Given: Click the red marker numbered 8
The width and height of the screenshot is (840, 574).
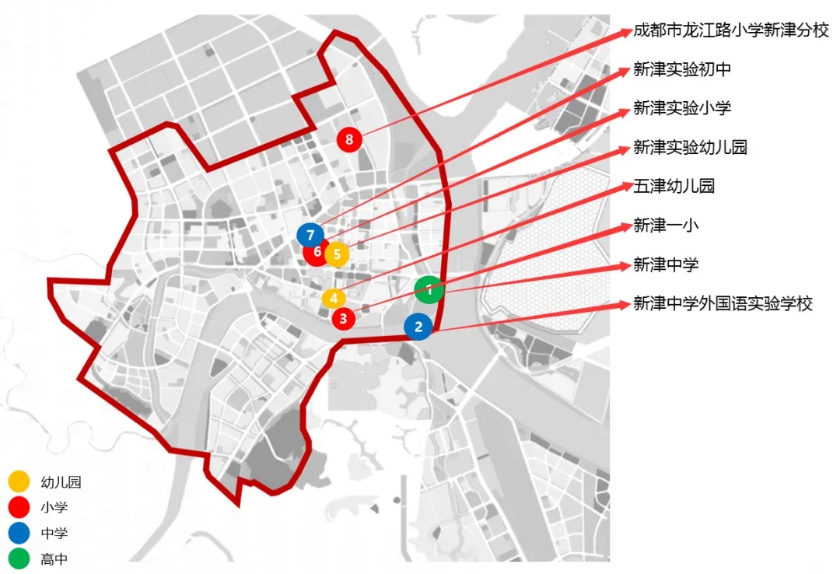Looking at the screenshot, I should coord(349,140).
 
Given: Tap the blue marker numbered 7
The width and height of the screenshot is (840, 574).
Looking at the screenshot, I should coord(310,234).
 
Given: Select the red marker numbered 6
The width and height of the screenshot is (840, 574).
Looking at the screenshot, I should coord(315,253).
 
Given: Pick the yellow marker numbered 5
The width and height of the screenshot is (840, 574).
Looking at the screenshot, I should coord(337,254).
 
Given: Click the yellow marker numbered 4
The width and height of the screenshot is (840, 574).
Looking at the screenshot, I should coord(333,298).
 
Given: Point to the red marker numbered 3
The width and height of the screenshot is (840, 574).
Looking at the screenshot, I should coord(343,317).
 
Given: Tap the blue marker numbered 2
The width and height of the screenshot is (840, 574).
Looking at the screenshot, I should coord(418,327).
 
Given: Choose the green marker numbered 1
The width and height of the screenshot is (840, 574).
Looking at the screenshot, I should coord(429,289).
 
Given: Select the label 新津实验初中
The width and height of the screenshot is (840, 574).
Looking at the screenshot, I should coord(682,69).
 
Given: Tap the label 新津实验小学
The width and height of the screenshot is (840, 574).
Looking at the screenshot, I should coord(682,108).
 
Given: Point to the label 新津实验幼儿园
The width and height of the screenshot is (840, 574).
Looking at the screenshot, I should coord(690,147).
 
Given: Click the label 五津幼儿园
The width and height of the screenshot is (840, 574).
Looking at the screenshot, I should coord(674,186).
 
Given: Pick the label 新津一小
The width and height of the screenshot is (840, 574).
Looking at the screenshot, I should coord(666,226).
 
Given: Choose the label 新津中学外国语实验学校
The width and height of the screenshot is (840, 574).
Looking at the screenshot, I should coord(723,303).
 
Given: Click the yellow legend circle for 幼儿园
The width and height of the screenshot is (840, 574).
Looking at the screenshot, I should coord(19,482).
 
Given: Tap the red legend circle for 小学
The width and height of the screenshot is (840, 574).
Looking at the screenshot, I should coord(19,507).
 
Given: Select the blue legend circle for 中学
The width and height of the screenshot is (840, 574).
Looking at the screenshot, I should coord(19,533).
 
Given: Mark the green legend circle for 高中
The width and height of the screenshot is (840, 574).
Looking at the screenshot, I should coord(19,558).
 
